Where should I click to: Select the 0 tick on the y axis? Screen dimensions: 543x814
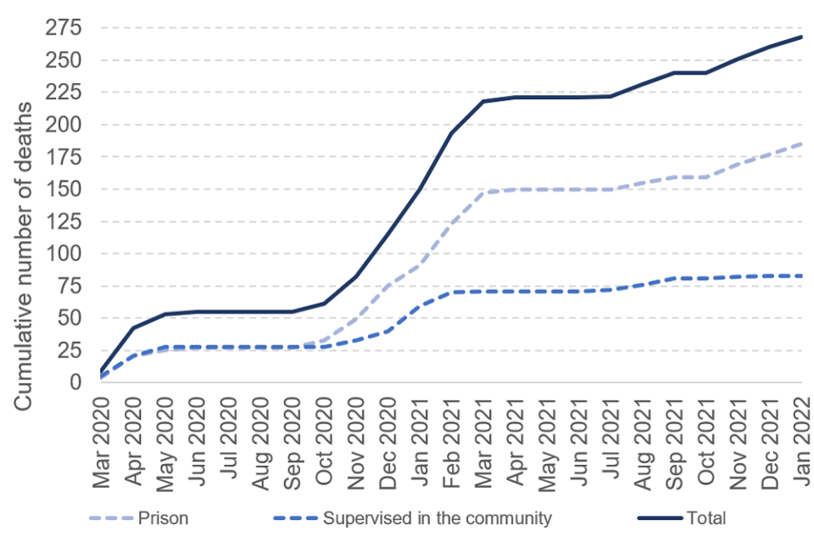75,383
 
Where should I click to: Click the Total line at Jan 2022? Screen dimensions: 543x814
801,36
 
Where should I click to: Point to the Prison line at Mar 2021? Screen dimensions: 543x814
483,193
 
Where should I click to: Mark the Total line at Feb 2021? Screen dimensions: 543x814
451,133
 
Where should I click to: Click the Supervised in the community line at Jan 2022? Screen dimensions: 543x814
801,276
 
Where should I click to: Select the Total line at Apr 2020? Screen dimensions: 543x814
133,327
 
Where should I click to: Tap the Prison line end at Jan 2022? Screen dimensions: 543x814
801,143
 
